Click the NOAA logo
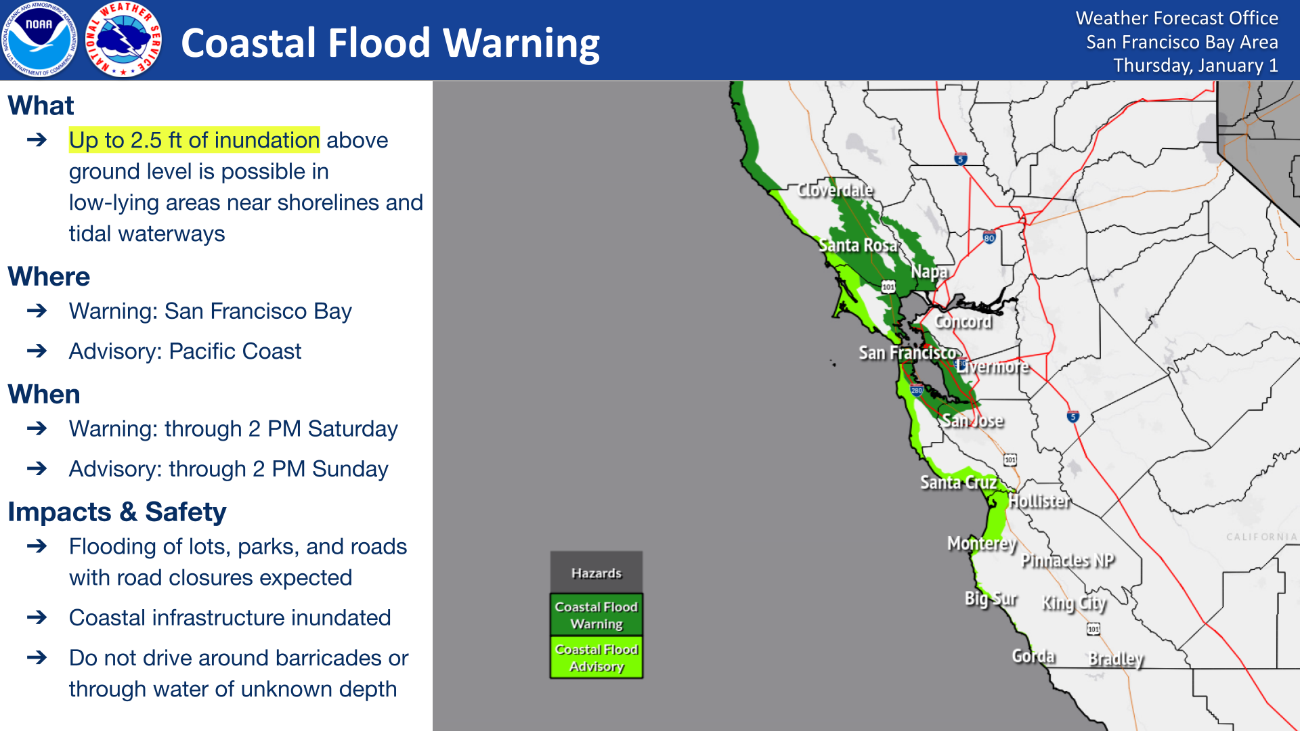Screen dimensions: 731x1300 tap(39, 40)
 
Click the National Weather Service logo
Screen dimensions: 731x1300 tap(124, 40)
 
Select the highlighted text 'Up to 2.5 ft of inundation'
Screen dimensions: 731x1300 tap(194, 140)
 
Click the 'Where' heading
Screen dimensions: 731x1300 tap(49, 277)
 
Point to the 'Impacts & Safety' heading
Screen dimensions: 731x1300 tap(116, 512)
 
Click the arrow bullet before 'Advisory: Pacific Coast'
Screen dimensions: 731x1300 tap(37, 351)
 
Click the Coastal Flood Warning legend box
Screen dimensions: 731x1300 tap(596, 615)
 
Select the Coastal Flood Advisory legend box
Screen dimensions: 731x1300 tap(596, 657)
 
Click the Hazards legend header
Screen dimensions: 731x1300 tap(596, 573)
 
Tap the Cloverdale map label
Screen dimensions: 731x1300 tap(835, 190)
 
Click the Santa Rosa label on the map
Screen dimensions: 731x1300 tap(858, 245)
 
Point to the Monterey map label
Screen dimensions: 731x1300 tap(981, 544)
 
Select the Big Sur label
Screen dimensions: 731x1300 tap(991, 599)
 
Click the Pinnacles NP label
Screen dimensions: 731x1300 tap(1067, 560)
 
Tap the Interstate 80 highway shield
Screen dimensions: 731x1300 tap(989, 238)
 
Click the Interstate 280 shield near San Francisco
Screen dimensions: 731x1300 tap(917, 390)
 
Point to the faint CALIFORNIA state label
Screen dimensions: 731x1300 tap(1261, 537)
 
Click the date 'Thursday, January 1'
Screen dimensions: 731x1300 tap(1195, 66)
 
